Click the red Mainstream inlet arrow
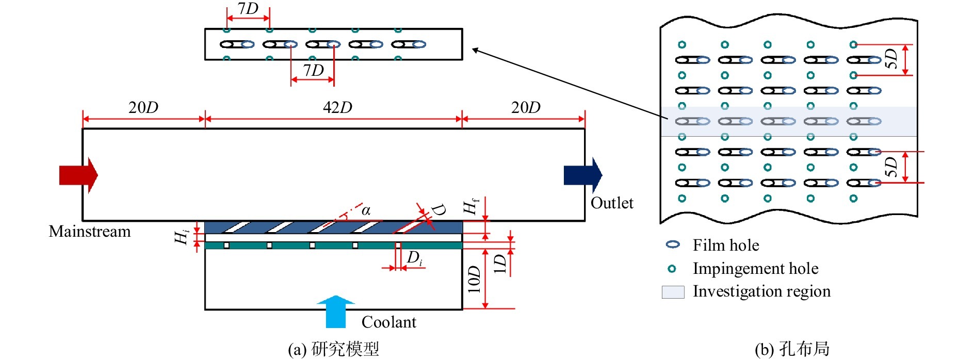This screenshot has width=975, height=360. click(78, 175)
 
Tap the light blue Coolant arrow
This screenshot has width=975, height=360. click(336, 312)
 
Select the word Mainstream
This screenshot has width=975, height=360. click(90, 232)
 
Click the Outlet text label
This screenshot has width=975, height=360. click(612, 203)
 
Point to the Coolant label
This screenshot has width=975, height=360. click(388, 322)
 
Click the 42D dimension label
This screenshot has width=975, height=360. click(337, 108)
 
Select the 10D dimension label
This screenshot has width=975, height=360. click(474, 279)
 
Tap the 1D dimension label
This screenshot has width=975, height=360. click(500, 264)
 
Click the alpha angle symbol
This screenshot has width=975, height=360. click(366, 210)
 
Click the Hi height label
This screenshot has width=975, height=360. click(182, 237)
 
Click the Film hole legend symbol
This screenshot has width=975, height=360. click(673, 244)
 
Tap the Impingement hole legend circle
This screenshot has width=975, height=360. click(672, 269)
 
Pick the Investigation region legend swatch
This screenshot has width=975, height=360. click(673, 292)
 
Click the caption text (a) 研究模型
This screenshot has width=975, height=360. click(333, 349)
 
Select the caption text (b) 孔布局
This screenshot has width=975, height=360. click(792, 349)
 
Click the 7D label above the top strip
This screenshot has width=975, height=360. click(248, 9)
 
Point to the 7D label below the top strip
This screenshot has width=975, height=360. click(313, 70)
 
